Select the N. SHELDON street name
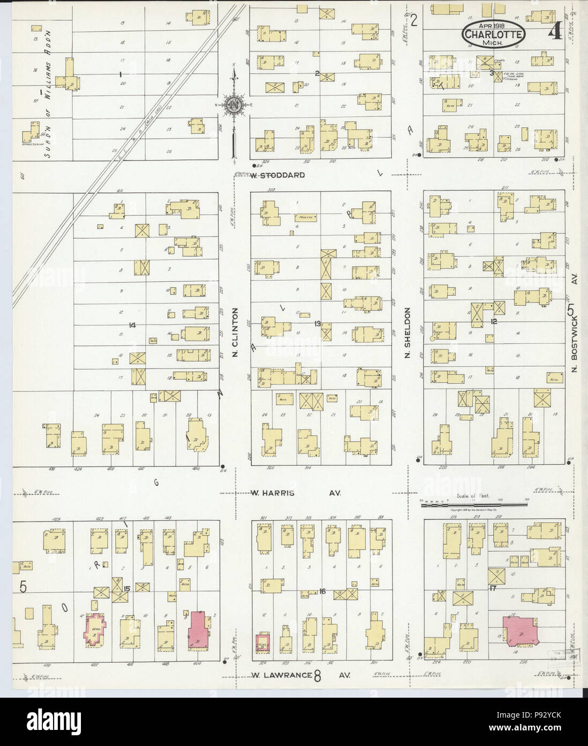pos(407,332)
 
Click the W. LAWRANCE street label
pos(281,675)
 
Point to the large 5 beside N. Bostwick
pos(571,310)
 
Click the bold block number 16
pos(322,591)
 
